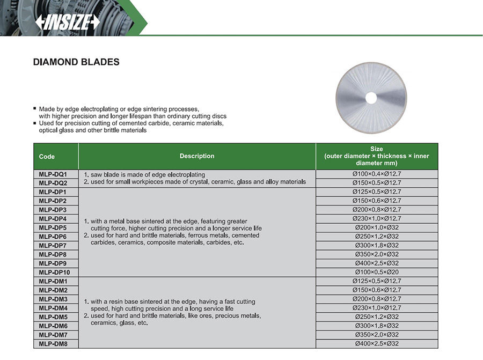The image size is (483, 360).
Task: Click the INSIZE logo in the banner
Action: point(68,21)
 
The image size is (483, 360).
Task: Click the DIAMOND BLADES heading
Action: point(76,62)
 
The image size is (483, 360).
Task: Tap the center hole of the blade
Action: point(370,98)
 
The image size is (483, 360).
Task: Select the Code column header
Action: point(47,157)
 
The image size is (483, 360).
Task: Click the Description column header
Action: point(197,157)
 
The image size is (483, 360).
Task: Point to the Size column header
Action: point(376,156)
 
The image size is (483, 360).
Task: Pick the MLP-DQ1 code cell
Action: point(53,174)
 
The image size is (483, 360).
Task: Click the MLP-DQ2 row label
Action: point(53,183)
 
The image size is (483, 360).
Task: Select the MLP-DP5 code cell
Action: point(53,227)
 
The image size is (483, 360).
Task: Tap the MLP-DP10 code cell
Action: point(55,273)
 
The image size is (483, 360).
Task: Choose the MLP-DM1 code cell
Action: point(53,281)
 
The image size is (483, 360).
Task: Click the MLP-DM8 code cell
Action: point(53,344)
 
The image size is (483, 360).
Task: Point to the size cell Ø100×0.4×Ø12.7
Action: point(376,174)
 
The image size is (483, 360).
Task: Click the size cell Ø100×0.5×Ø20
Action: point(376,273)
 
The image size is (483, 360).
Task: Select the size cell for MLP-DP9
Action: point(376,263)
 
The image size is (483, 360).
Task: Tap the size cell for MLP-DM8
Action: point(376,344)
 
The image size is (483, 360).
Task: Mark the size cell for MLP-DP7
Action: point(376,246)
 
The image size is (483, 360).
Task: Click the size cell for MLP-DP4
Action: point(376,219)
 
